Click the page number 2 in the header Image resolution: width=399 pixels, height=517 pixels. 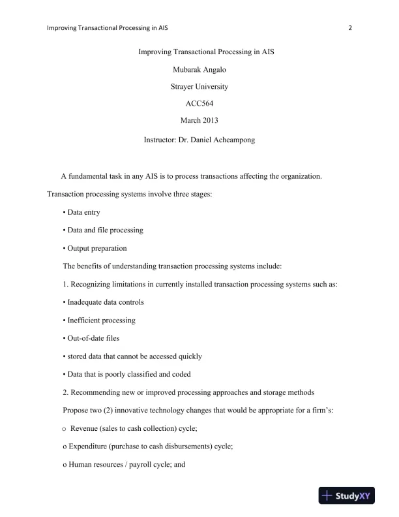(350, 28)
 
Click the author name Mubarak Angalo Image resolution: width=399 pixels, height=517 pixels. (199, 69)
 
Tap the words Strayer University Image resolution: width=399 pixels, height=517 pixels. (199, 86)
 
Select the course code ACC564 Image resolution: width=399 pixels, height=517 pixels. (199, 102)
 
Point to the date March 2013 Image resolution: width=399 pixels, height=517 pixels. (199, 119)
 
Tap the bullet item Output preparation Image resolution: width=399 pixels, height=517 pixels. (95, 248)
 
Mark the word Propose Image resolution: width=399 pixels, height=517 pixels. (75, 392)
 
